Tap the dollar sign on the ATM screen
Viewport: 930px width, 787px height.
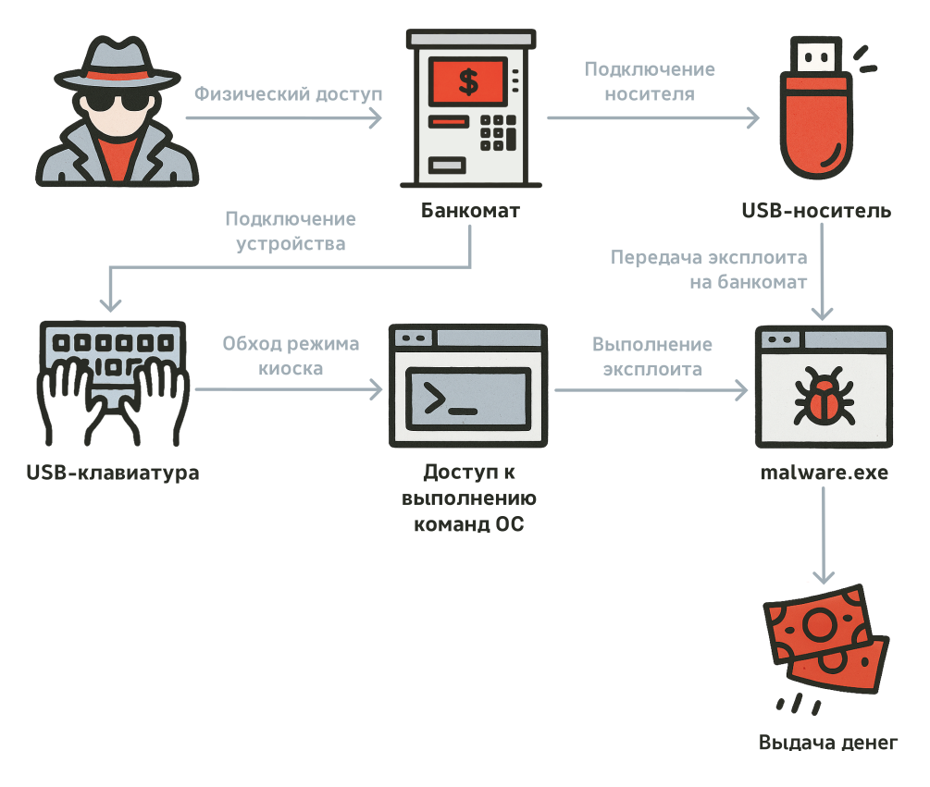(468, 81)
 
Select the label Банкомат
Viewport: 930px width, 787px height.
(470, 211)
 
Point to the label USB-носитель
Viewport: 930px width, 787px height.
(816, 211)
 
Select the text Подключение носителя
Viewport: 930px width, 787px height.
(650, 81)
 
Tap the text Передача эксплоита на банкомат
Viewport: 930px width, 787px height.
(709, 269)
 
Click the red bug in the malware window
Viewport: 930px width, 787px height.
(823, 399)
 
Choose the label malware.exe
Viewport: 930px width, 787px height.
(824, 473)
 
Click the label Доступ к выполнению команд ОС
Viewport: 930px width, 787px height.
(470, 498)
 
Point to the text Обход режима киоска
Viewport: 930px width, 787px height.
(291, 356)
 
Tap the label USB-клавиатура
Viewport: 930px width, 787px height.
(113, 473)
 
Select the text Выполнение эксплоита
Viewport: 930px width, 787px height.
(652, 357)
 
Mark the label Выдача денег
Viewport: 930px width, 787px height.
(827, 743)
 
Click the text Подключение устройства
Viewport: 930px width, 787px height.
(291, 231)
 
